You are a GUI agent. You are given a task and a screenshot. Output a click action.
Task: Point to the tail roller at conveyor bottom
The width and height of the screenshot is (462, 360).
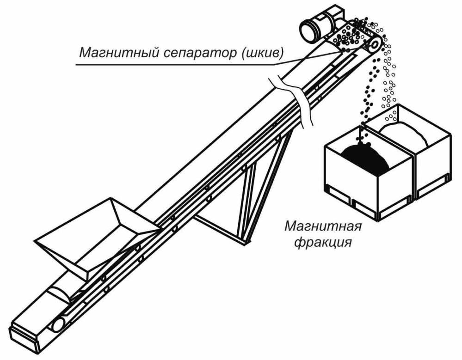(58, 324)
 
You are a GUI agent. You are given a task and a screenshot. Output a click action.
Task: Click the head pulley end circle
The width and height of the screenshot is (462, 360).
(375, 45)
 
